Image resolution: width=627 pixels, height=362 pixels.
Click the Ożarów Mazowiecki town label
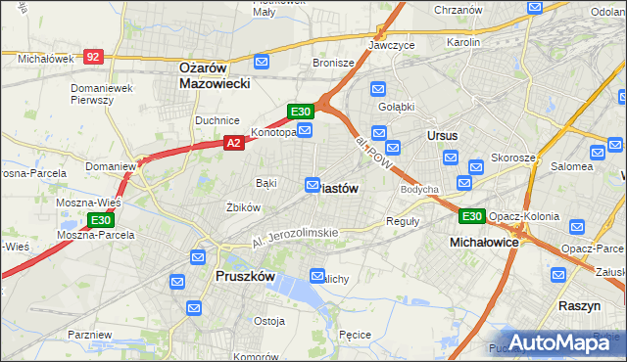[x=215, y=75]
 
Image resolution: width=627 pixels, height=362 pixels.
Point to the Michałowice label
[x=484, y=241]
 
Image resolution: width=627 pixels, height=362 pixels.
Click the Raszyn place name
[x=579, y=306]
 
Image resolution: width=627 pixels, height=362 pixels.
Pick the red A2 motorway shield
[x=233, y=143]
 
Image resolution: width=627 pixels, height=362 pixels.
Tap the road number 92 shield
[x=93, y=58]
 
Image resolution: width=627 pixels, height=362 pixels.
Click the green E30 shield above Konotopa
[x=300, y=112]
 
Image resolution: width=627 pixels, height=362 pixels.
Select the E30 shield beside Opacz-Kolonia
[x=471, y=216]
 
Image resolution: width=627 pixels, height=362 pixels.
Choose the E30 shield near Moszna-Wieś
[x=100, y=221]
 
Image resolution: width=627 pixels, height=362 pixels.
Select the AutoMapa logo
[x=561, y=341]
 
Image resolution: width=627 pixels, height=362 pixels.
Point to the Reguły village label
[x=403, y=221]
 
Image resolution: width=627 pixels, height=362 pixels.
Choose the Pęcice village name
[x=354, y=335]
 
